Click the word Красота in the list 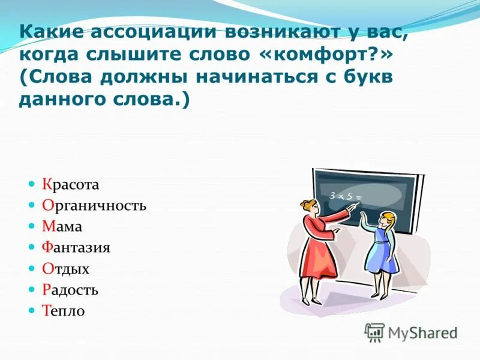pyautogui.click(x=71, y=184)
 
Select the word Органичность pyautogui.click(x=94, y=206)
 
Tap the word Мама pyautogui.click(x=62, y=227)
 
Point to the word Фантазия pyautogui.click(x=76, y=248)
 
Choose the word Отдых pyautogui.click(x=66, y=269)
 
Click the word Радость pyautogui.click(x=71, y=290)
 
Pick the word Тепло pyautogui.click(x=64, y=311)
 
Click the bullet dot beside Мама pyautogui.click(x=33, y=226)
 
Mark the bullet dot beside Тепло pyautogui.click(x=33, y=311)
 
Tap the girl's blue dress pyautogui.click(x=380, y=253)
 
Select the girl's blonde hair pyautogui.click(x=388, y=220)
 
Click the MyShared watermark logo pyautogui.click(x=412, y=332)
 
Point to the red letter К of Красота pyautogui.click(x=47, y=184)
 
